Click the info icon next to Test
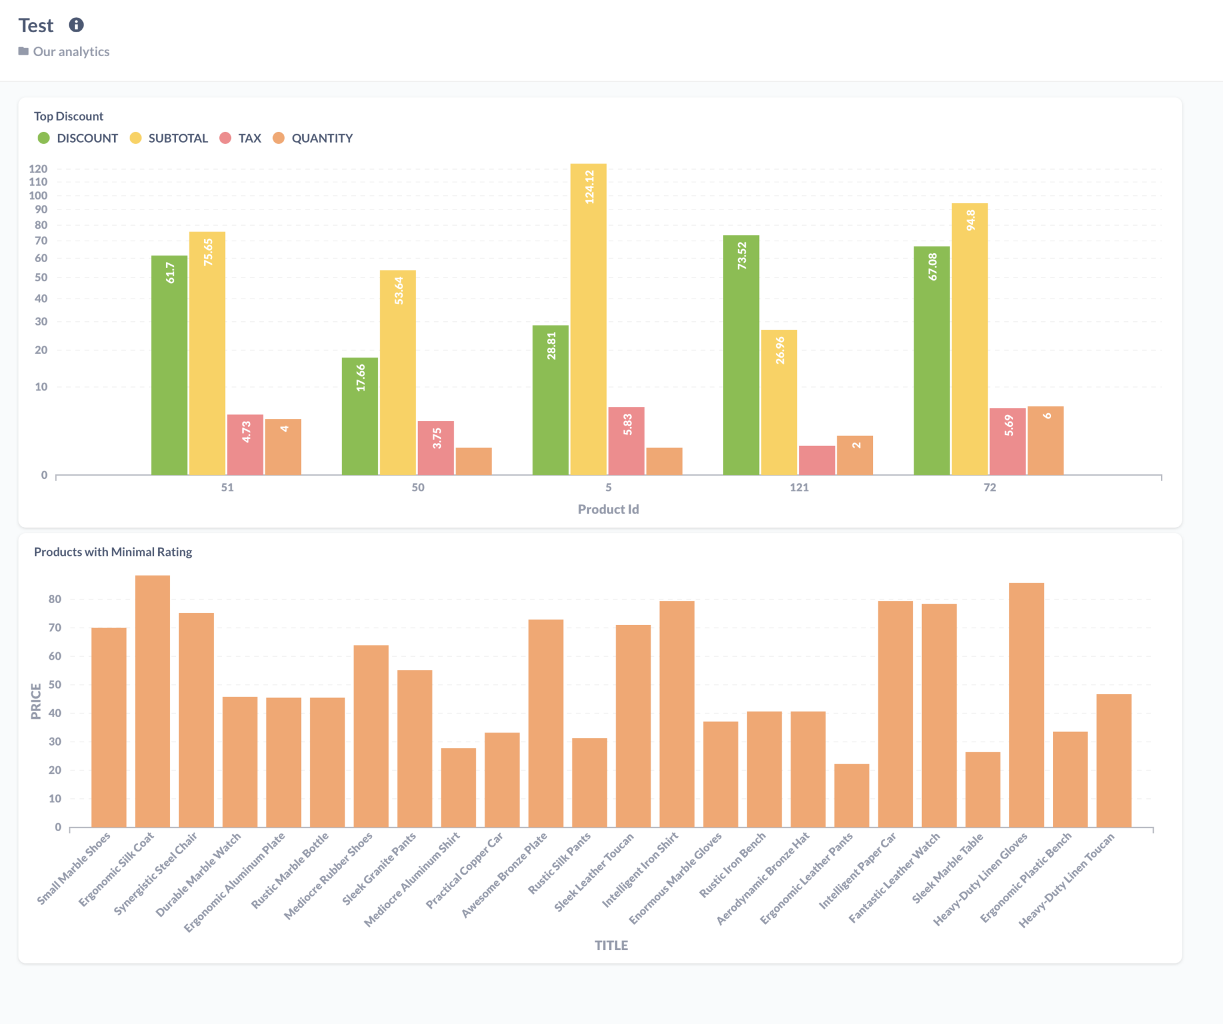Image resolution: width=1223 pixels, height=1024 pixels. click(76, 25)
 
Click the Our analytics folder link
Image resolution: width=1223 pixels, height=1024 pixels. click(70, 51)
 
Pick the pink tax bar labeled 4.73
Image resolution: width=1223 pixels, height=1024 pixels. click(245, 444)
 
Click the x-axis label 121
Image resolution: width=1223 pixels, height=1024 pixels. click(798, 487)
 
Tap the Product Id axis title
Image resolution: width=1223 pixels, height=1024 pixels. click(608, 509)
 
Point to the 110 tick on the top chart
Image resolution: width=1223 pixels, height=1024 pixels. click(38, 182)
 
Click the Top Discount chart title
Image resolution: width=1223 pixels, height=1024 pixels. click(69, 116)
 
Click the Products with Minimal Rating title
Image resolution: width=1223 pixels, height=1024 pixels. click(113, 552)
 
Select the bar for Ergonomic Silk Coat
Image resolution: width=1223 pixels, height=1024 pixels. click(152, 701)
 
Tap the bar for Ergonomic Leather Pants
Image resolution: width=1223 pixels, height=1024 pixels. click(852, 795)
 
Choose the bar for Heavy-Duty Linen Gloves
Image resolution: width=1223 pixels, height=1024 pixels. click(1026, 705)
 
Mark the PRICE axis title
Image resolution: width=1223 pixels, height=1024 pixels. click(36, 701)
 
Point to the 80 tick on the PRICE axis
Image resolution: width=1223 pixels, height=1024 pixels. click(55, 599)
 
